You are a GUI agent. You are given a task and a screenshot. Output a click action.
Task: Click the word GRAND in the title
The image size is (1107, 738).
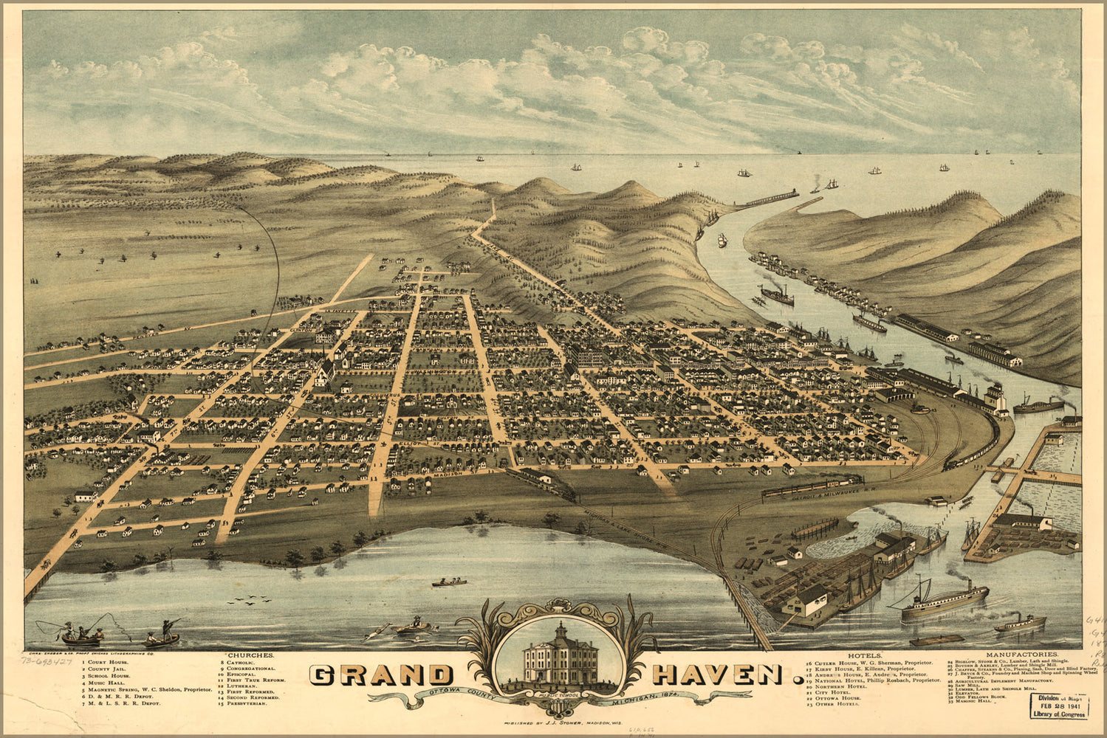[x=381, y=675]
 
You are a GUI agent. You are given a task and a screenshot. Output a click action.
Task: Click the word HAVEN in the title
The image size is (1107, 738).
[x=716, y=675]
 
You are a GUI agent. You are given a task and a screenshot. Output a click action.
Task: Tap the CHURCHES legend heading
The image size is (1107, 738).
[x=251, y=655]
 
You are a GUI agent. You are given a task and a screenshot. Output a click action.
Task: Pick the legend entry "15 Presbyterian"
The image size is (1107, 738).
[x=244, y=704]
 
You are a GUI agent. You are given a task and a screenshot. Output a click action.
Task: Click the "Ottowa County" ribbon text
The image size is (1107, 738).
[x=447, y=694]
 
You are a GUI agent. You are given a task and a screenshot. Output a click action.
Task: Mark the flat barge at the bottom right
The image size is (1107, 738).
[x=936, y=640]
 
